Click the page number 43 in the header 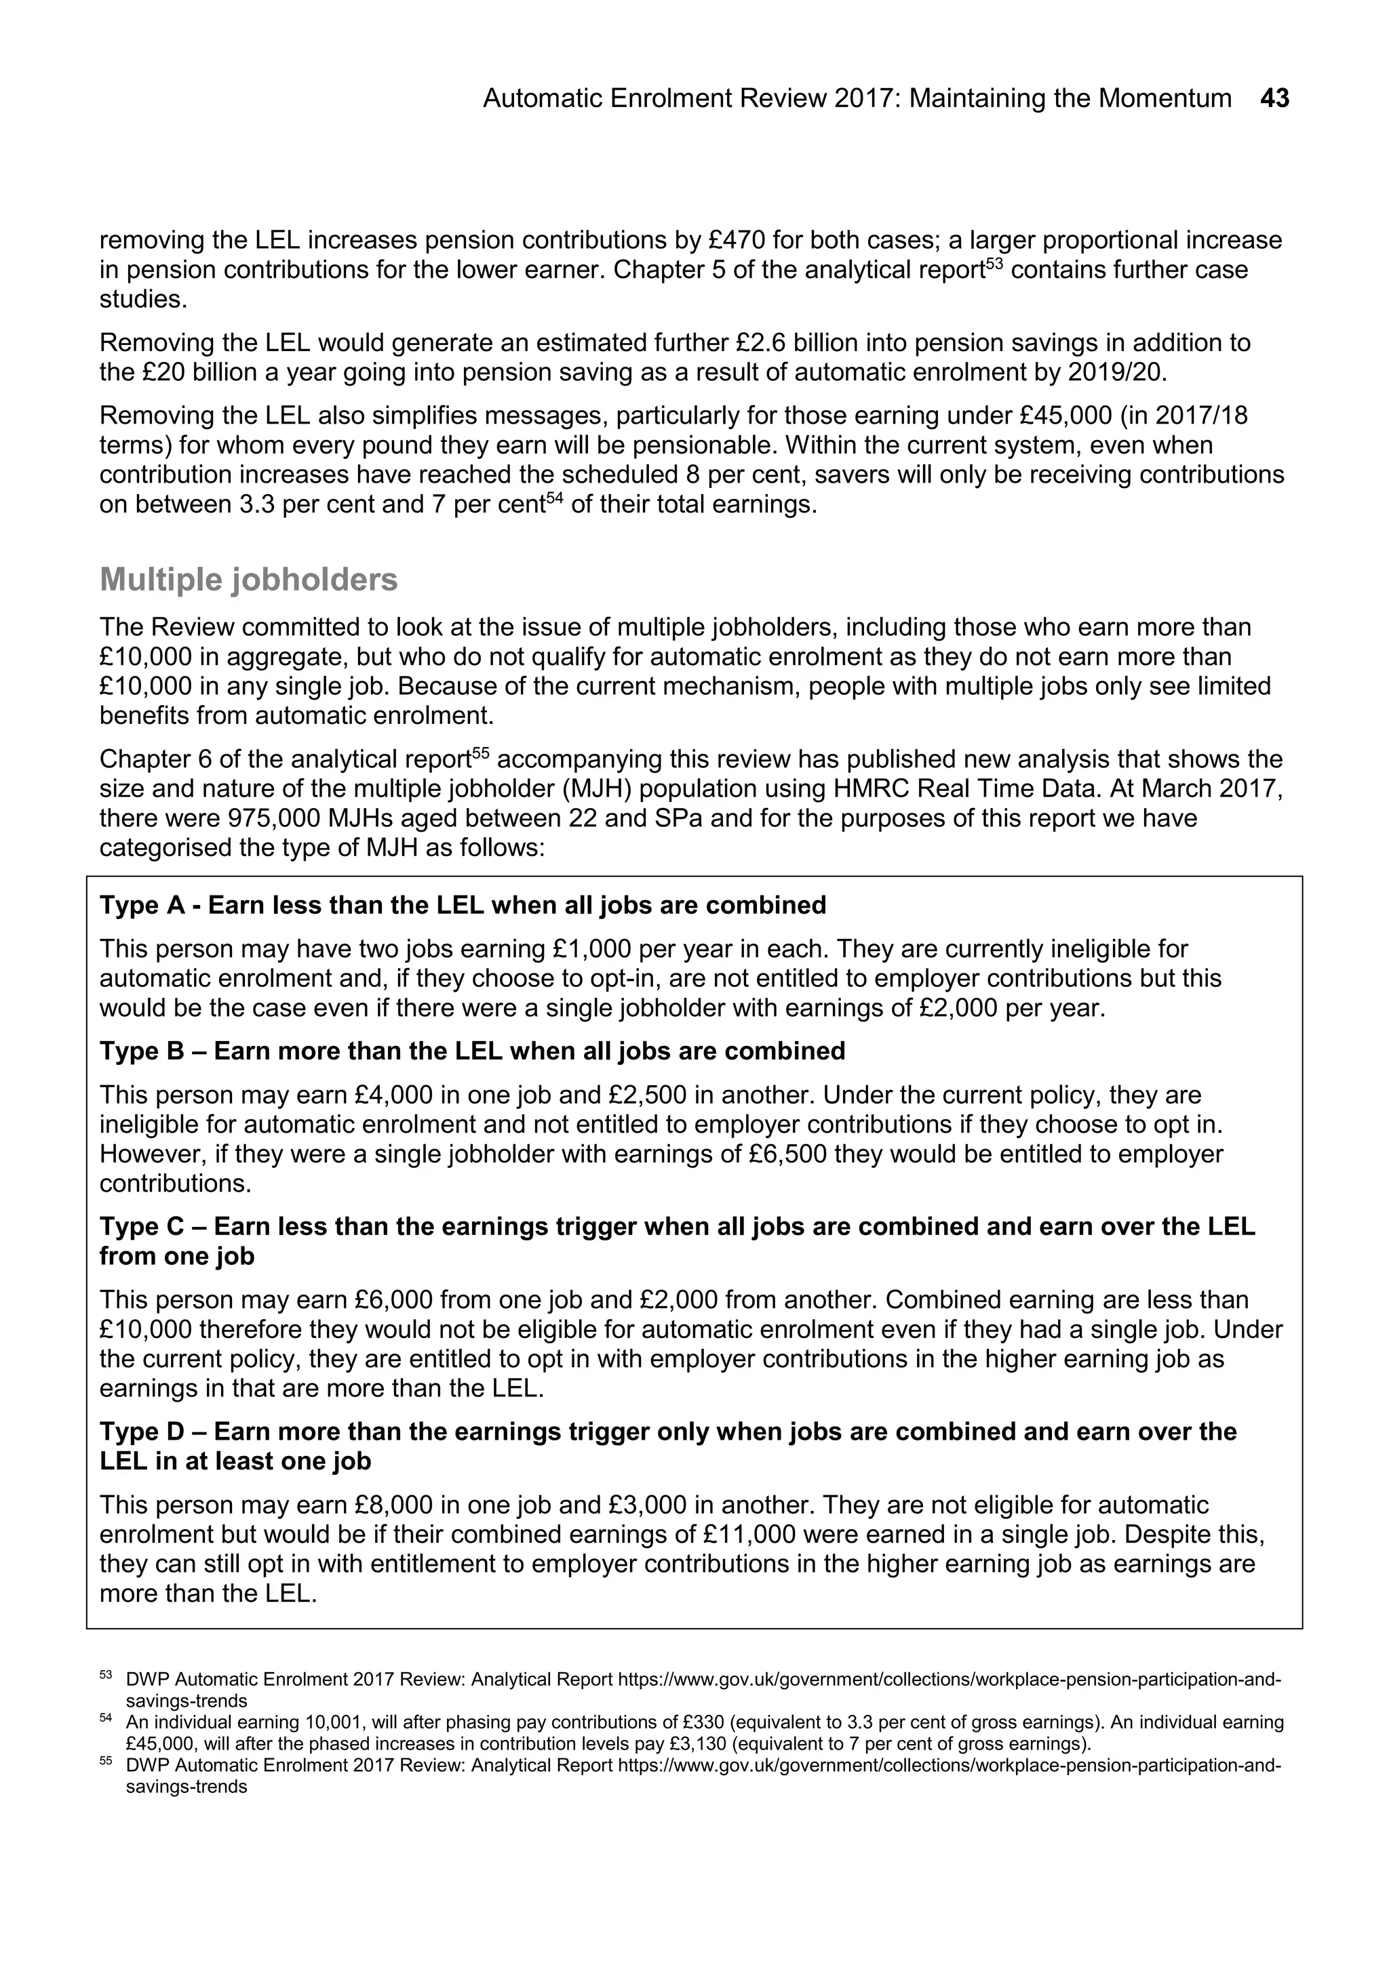(x=1274, y=99)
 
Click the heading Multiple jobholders (x=249, y=580)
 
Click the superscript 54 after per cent (x=554, y=498)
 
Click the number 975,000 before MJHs (x=275, y=818)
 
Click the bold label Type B (x=142, y=1051)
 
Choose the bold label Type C (x=142, y=1227)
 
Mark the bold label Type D (x=142, y=1432)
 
